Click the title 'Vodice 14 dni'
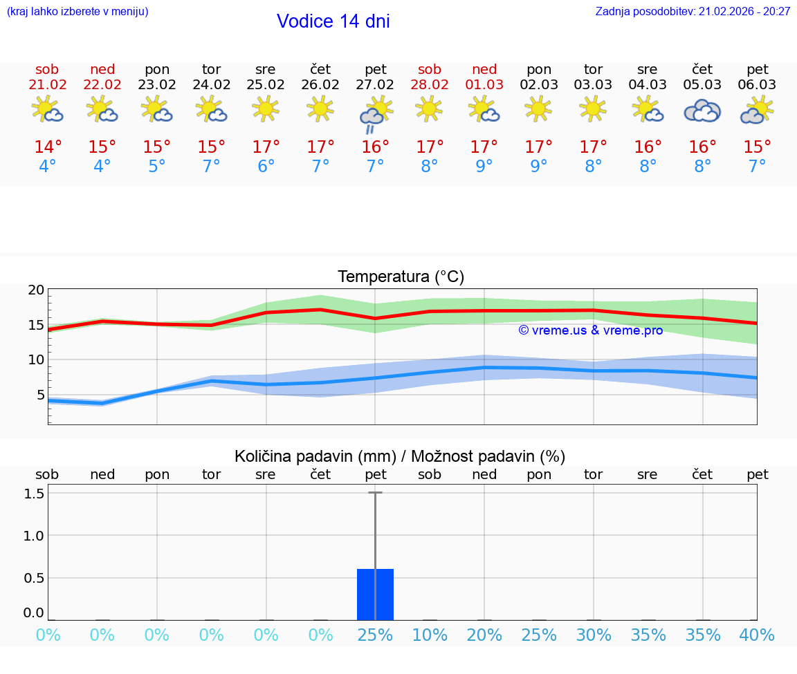click(333, 21)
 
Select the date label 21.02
click(47, 85)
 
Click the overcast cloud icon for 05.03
click(702, 111)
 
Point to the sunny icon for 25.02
click(266, 109)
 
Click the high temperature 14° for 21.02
click(48, 147)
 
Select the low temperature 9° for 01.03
click(484, 167)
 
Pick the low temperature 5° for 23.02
click(157, 167)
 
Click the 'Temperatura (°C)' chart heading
click(401, 277)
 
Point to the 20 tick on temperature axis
click(37, 290)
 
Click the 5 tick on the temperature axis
click(40, 395)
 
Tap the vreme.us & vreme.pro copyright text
click(590, 330)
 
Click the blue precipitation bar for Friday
click(375, 595)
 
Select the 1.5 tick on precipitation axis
click(35, 494)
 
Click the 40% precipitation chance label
click(757, 635)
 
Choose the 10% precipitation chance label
click(430, 635)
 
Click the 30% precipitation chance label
click(594, 635)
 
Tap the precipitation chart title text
click(400, 456)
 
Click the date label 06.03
click(757, 85)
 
